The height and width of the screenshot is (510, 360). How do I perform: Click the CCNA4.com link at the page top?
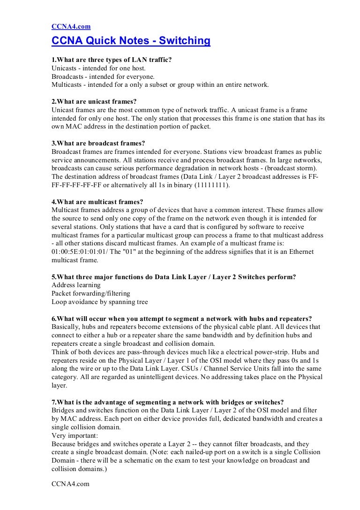70,27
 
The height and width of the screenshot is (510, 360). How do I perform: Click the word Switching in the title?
185,41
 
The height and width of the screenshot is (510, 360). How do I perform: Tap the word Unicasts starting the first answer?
65,68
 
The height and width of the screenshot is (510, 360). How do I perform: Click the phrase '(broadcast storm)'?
289,167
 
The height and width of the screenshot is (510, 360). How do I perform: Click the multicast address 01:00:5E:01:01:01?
83,252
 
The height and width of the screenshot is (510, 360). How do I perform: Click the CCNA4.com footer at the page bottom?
70,484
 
